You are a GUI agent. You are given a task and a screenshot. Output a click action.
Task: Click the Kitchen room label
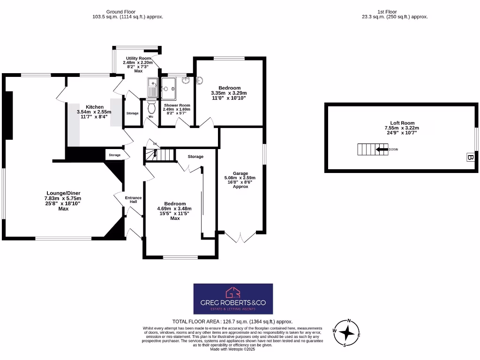point(94,107)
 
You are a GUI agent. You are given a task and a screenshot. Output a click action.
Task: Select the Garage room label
point(240,173)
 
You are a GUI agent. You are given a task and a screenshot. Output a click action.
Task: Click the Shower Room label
point(177,105)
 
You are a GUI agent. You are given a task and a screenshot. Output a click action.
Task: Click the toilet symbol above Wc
point(151,107)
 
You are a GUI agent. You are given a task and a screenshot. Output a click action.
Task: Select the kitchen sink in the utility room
point(153,88)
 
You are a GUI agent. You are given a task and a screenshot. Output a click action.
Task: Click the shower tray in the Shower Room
point(168,88)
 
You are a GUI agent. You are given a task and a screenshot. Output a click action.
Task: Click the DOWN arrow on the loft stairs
point(382,150)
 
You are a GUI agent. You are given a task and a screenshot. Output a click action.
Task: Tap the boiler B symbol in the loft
point(470,157)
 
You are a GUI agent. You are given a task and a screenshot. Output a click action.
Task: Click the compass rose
point(347,332)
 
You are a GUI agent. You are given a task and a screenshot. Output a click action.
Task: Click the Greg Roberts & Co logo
point(233,299)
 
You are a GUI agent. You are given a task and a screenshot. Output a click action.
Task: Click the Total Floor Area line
point(232,322)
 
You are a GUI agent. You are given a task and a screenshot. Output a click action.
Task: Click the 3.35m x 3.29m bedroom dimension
point(229,93)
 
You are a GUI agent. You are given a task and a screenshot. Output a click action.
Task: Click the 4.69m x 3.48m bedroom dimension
point(174,209)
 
